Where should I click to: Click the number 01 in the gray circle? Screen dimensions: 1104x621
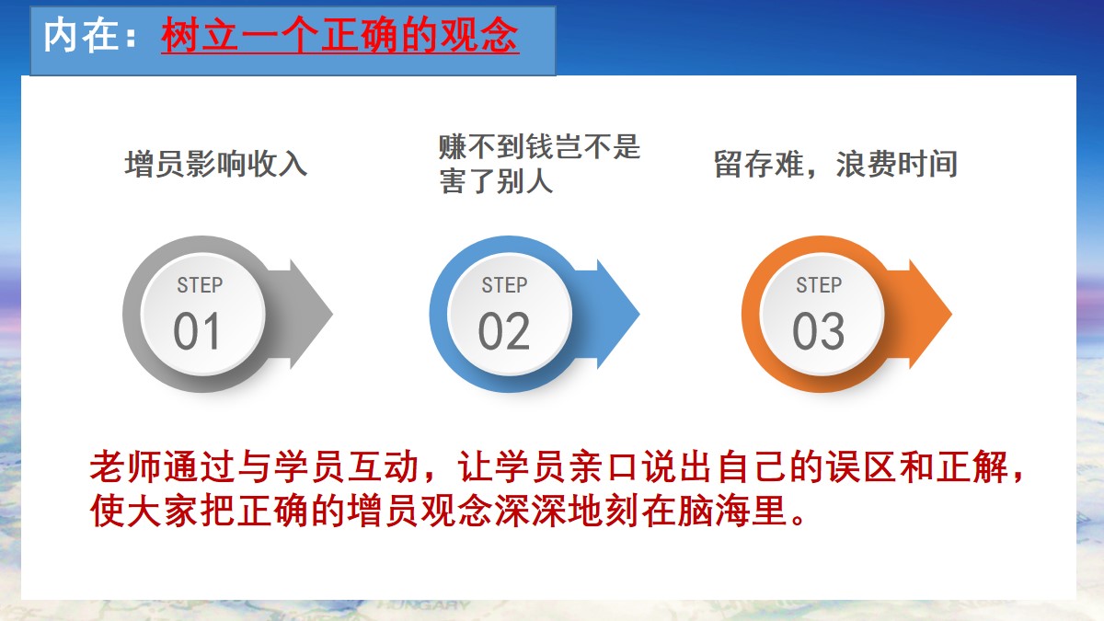tap(196, 330)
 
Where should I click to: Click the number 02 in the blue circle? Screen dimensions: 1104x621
tap(504, 330)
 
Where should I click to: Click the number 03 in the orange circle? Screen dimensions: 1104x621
tap(818, 330)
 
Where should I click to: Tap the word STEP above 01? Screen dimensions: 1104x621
tap(200, 285)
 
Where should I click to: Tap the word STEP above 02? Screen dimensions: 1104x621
tap(504, 285)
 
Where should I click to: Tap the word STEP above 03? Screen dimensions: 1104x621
tap(819, 285)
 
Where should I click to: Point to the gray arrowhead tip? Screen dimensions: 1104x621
tap(333, 314)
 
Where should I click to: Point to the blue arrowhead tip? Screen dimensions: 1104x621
tap(639, 314)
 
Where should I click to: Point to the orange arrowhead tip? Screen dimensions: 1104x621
tap(951, 314)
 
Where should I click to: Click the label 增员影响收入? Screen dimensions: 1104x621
tap(216, 164)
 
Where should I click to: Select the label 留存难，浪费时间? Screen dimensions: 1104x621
tap(835, 164)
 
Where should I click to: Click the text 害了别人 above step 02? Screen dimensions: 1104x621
tap(496, 181)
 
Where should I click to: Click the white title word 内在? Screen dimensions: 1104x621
tap(81, 35)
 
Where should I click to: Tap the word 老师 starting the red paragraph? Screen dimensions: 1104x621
tap(125, 466)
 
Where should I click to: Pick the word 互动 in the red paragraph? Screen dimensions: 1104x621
tap(383, 466)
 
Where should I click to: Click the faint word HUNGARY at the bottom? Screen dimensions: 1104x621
tap(425, 605)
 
